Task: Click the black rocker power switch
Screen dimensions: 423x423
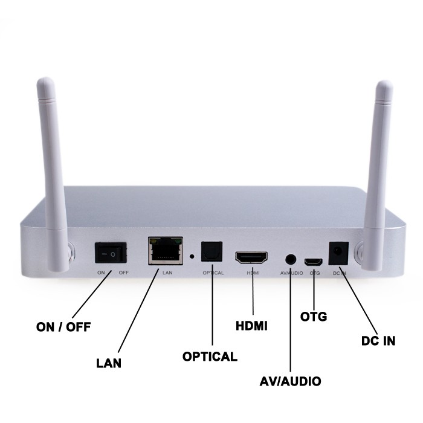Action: [x=111, y=253]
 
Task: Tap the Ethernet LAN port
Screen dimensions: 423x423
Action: [x=166, y=251]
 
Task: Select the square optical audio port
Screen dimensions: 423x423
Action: [x=211, y=252]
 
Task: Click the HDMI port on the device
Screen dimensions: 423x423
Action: [x=251, y=257]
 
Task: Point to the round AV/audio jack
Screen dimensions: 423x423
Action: [x=291, y=260]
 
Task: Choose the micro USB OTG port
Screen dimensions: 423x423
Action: [x=314, y=262]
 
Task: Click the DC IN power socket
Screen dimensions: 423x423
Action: [x=338, y=253]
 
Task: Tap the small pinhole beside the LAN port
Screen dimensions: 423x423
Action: [x=192, y=256]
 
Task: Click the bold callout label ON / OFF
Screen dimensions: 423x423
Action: [x=63, y=327]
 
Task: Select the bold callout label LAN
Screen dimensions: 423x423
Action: [x=109, y=363]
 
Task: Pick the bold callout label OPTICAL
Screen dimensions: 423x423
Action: [x=210, y=357]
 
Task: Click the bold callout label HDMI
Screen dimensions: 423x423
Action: [x=251, y=326]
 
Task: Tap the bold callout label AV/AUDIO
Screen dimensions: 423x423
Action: [x=290, y=381]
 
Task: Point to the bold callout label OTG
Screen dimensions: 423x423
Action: [x=314, y=317]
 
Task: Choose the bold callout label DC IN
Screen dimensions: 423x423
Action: [x=378, y=341]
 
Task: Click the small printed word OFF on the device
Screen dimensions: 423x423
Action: [x=123, y=273]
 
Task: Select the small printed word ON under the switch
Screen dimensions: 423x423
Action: [x=101, y=273]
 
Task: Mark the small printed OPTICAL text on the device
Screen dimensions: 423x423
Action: [x=213, y=273]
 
